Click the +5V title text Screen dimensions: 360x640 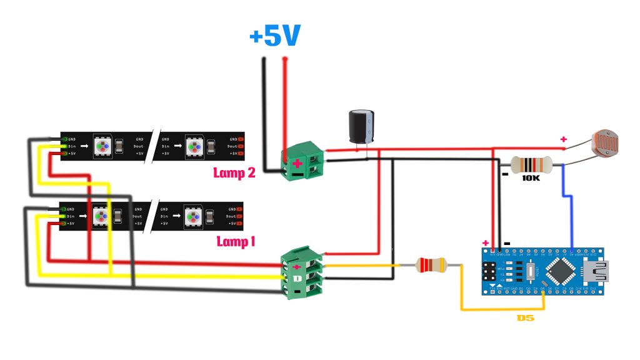(275, 36)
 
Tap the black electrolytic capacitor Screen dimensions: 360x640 (361, 129)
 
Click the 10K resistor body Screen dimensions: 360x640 (531, 165)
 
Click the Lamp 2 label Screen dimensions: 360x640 (234, 173)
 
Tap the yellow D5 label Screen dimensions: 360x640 (526, 318)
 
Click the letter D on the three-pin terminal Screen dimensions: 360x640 (297, 277)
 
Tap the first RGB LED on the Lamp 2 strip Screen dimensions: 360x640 (102, 146)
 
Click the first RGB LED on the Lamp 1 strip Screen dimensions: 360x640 (102, 216)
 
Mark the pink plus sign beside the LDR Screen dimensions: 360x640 (564, 139)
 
